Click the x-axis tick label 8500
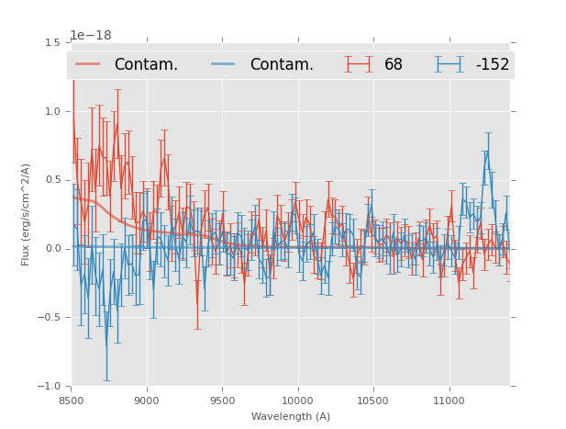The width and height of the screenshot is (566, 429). click(x=72, y=401)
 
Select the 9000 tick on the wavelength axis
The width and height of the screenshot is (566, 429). click(x=147, y=401)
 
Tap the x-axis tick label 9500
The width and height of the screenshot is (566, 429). click(x=222, y=401)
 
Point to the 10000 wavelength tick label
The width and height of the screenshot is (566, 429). click(x=297, y=401)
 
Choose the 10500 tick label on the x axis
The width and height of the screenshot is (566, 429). click(x=372, y=401)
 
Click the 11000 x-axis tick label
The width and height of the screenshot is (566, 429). click(x=449, y=401)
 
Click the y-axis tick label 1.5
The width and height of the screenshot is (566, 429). click(x=51, y=42)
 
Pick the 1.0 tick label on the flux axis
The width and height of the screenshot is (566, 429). click(x=51, y=111)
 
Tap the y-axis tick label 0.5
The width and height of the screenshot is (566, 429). click(x=51, y=180)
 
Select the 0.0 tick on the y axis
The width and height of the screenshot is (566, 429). click(x=51, y=249)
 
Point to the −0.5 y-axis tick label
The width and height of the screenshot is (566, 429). click(x=49, y=318)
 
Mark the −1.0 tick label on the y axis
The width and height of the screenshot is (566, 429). click(x=49, y=387)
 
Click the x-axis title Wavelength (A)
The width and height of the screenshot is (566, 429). click(x=291, y=416)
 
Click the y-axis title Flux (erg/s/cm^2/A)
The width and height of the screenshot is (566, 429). click(x=26, y=214)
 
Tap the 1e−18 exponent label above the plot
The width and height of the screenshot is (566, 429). click(x=91, y=36)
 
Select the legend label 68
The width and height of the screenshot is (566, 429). click(x=394, y=64)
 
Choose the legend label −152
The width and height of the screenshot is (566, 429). click(x=492, y=64)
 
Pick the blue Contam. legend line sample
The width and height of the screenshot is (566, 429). click(x=224, y=64)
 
